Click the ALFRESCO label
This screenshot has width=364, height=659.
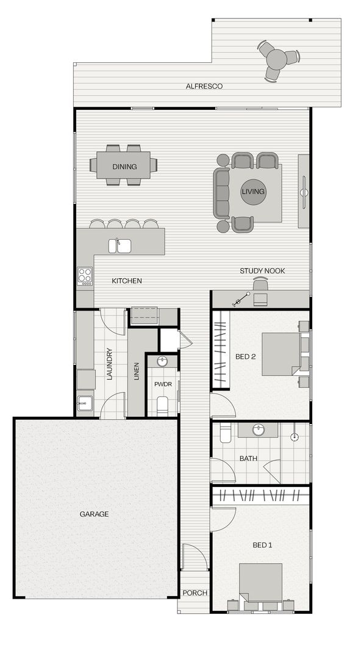click(x=204, y=87)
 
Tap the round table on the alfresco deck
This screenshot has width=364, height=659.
click(x=277, y=59)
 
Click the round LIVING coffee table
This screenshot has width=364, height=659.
click(x=253, y=192)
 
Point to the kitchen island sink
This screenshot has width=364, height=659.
click(x=120, y=245)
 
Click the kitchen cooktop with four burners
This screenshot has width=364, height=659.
click(x=85, y=276)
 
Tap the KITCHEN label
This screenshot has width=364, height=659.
click(x=127, y=281)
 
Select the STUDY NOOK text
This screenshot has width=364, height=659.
click(x=262, y=271)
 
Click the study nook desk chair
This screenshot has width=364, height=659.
click(x=260, y=285)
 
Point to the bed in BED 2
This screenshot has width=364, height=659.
click(x=281, y=353)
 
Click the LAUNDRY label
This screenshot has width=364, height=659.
click(x=110, y=364)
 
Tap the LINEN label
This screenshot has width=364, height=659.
click(x=137, y=371)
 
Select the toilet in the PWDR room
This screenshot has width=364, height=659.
click(x=162, y=404)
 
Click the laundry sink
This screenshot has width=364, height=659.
click(x=84, y=403)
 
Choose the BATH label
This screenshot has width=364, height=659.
click(x=248, y=458)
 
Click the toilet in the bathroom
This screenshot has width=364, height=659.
click(x=224, y=433)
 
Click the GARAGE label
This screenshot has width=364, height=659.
click(x=95, y=514)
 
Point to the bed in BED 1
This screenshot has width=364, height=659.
click(x=261, y=583)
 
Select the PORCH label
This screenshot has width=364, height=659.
click(x=195, y=593)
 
